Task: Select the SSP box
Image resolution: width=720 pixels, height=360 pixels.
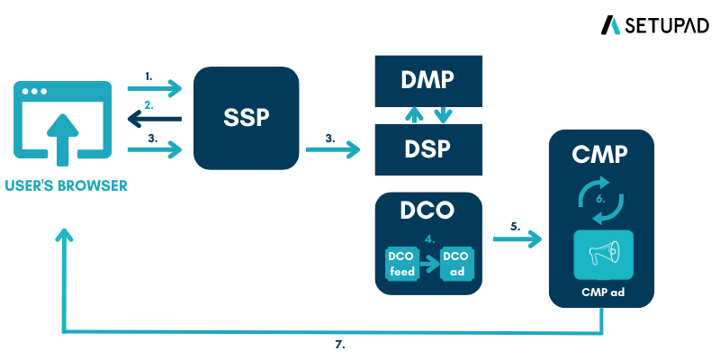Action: coord(247,118)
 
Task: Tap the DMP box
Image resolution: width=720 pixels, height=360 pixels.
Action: coord(427,80)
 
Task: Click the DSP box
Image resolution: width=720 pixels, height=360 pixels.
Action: coord(427,149)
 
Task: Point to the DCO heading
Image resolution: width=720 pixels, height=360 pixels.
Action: coord(427,213)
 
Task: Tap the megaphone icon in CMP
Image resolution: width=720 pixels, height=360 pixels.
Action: coord(601,255)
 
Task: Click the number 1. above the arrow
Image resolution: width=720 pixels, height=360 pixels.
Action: coord(148,76)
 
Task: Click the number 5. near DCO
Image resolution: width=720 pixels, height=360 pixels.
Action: coord(515,227)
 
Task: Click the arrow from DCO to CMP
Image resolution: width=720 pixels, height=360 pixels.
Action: coord(517,240)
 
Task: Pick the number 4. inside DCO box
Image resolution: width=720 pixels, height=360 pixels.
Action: coord(430,239)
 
